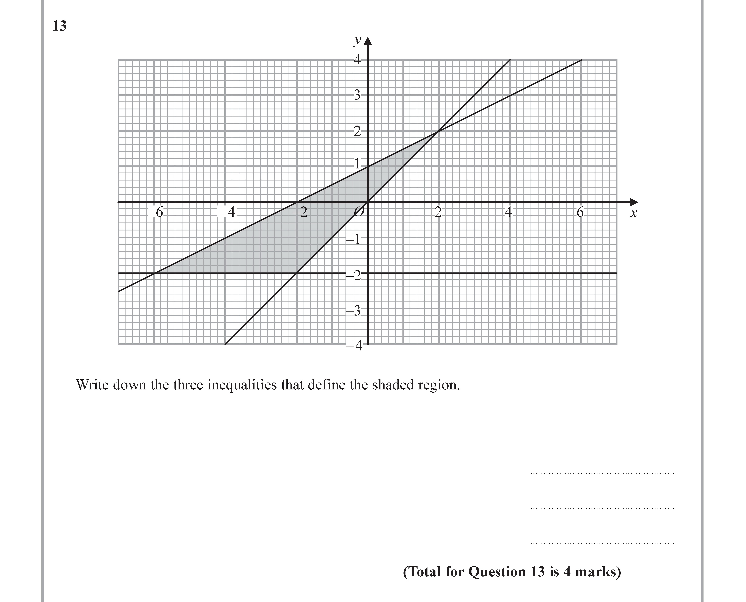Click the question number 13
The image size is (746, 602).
(x=59, y=26)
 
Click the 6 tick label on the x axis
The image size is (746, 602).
(x=580, y=212)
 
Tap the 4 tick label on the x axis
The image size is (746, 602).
(x=509, y=212)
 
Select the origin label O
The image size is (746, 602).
(x=360, y=211)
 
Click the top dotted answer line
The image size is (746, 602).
(x=602, y=473)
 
